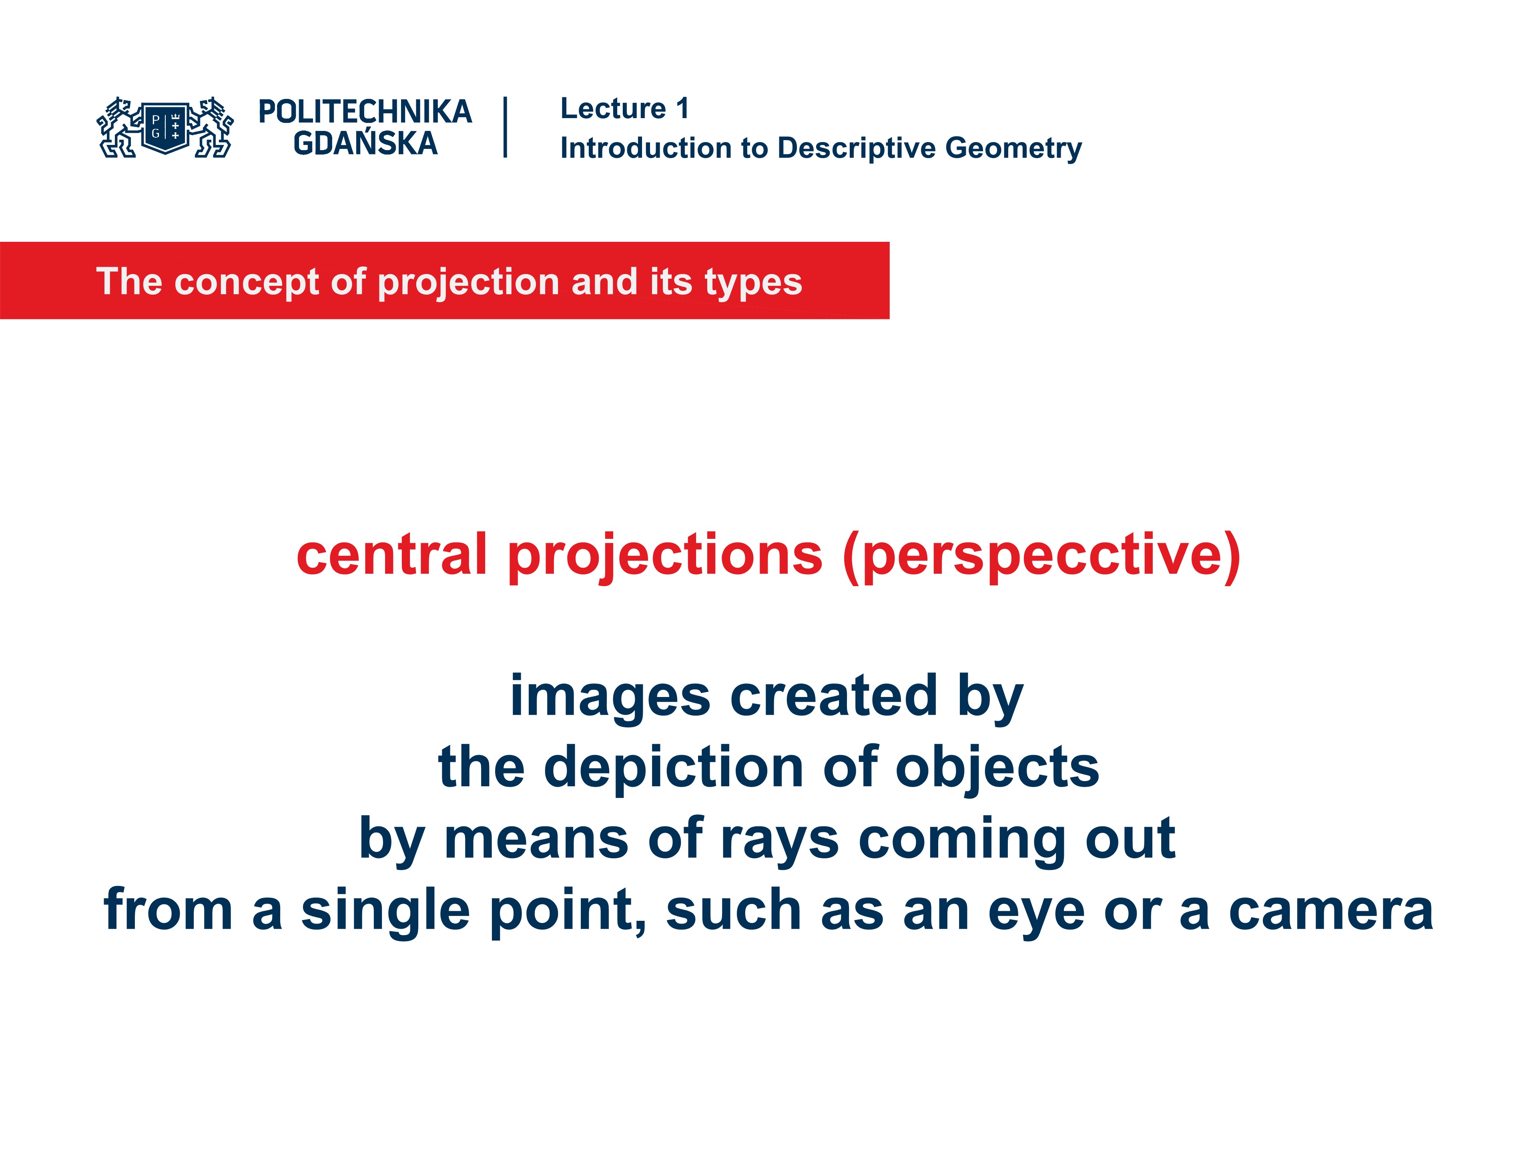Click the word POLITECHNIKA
point(365,112)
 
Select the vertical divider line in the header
point(505,127)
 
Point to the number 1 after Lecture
point(682,109)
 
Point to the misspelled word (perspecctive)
point(1041,556)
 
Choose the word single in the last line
point(385,910)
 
